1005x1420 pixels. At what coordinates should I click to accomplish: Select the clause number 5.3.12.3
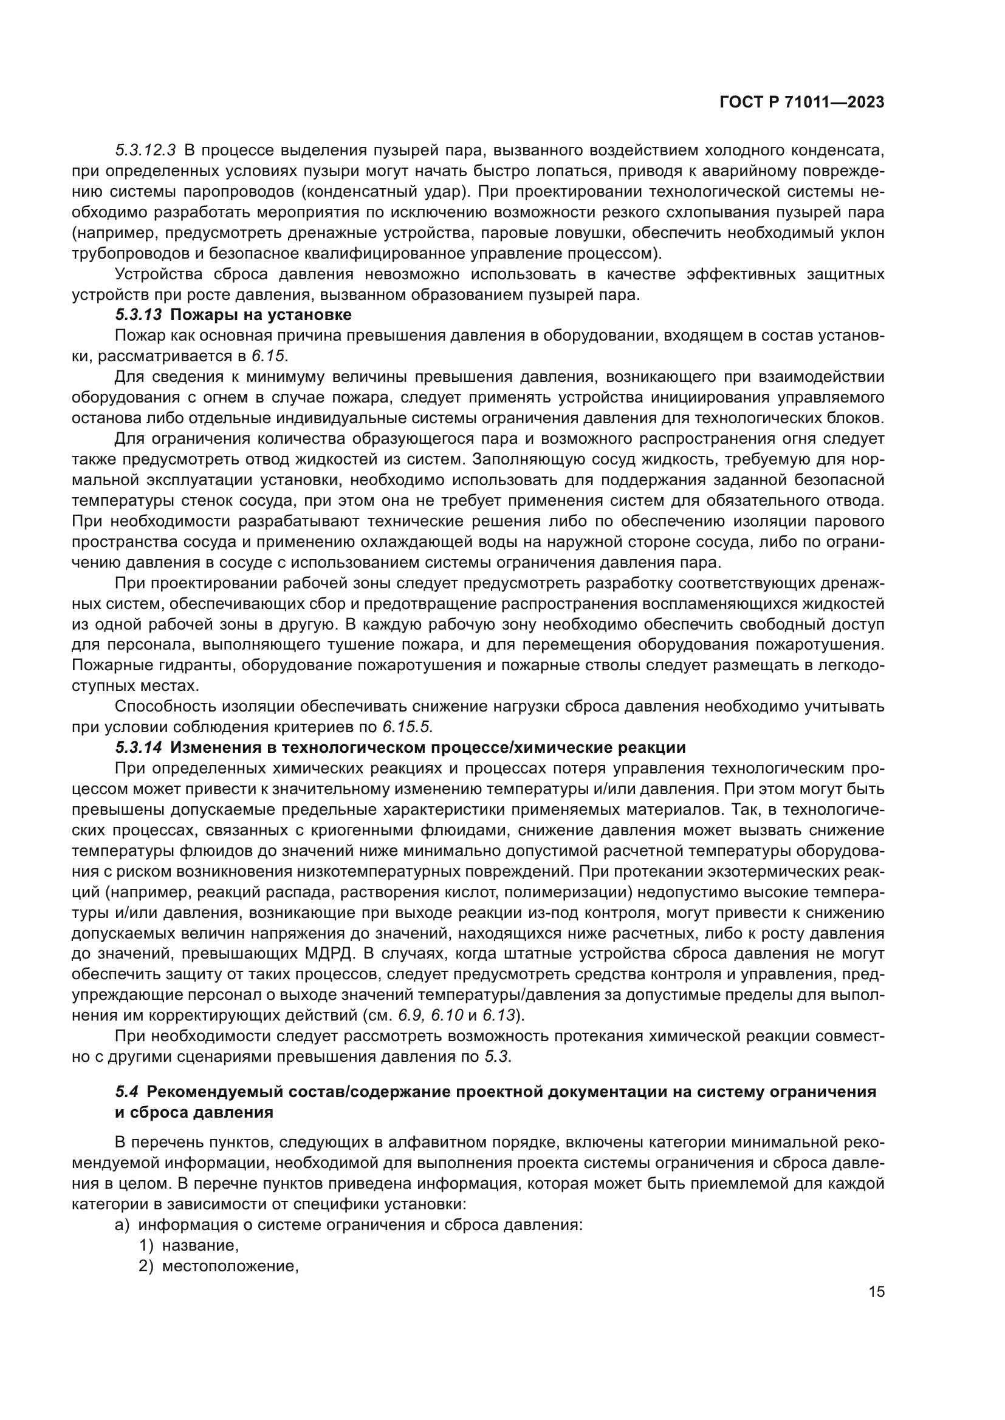pos(145,151)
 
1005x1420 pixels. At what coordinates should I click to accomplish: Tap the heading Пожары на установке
pos(261,315)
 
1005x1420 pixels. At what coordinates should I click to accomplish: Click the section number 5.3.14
pos(139,748)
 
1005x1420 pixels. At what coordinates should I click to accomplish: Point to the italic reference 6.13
pos(499,1015)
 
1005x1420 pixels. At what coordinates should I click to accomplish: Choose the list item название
pos(200,1245)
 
